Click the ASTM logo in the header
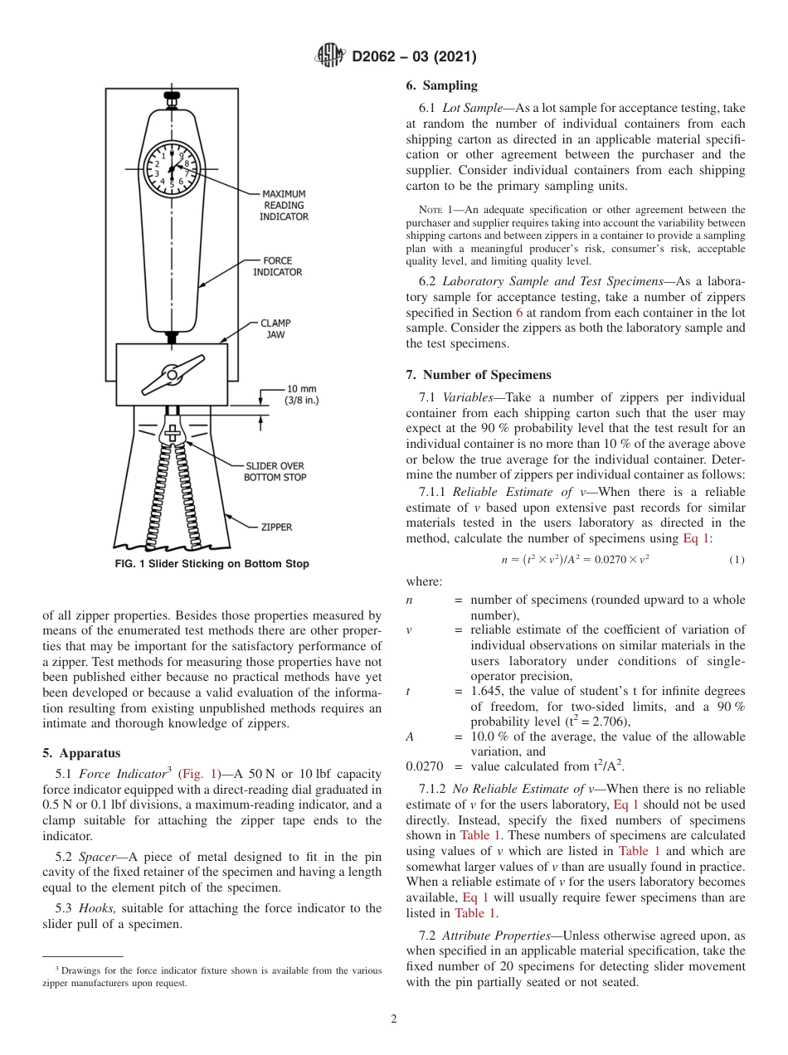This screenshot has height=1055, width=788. [331, 56]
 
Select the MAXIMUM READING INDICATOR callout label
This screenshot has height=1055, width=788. [285, 205]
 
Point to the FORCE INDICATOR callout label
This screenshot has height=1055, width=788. [277, 266]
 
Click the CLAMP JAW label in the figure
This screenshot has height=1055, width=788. [275, 328]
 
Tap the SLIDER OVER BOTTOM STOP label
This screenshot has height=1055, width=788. [275, 471]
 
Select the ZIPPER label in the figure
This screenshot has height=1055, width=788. [276, 527]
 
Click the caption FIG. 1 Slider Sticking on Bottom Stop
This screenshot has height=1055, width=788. [212, 564]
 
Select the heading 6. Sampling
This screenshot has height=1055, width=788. [441, 85]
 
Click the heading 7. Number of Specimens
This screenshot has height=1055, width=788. [478, 375]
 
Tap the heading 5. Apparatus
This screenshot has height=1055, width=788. [81, 753]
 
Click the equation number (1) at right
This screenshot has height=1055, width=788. [737, 560]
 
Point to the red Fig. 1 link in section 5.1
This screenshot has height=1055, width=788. [197, 773]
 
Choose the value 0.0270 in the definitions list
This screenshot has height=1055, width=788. [424, 766]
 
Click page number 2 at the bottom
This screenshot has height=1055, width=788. [394, 1019]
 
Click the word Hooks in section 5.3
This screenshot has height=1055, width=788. [102, 908]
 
